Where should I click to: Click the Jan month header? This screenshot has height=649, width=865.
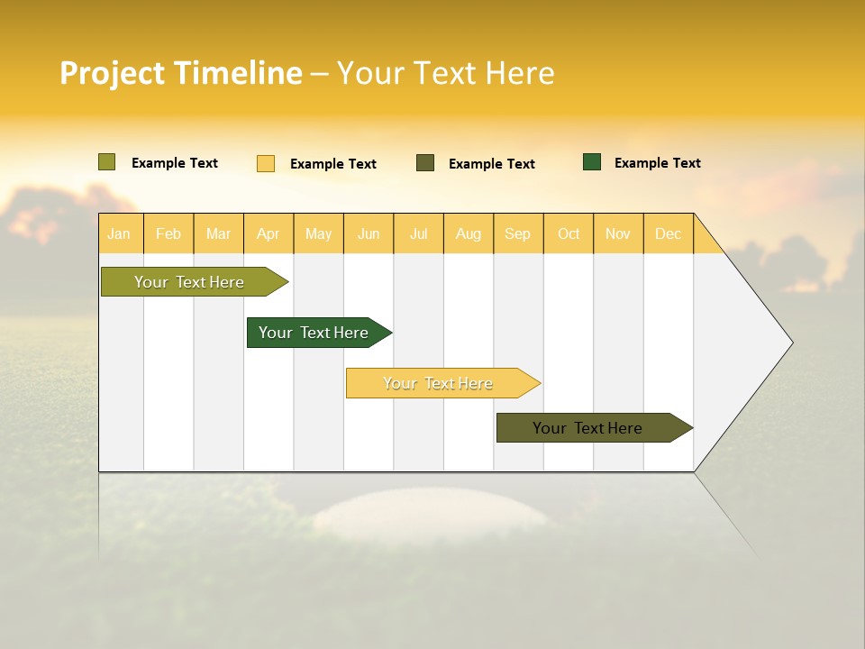click(x=119, y=233)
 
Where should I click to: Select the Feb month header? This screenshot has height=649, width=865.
click(x=168, y=233)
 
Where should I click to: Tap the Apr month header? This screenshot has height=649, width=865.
click(x=268, y=233)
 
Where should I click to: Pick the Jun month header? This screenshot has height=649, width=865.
click(x=369, y=233)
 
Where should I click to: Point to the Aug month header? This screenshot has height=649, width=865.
click(x=468, y=233)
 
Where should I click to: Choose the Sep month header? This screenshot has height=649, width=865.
click(x=517, y=233)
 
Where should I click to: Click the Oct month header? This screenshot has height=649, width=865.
click(x=569, y=233)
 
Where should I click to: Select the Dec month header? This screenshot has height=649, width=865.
click(x=668, y=233)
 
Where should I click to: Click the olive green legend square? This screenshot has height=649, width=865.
click(x=107, y=162)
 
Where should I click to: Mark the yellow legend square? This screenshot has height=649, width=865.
click(x=266, y=163)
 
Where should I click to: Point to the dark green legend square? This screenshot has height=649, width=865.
click(x=592, y=162)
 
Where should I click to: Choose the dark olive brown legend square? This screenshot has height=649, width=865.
click(x=425, y=163)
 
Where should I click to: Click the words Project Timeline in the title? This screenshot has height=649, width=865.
click(x=181, y=73)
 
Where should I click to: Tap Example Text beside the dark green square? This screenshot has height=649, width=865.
click(x=657, y=163)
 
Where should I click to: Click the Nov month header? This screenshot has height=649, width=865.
click(x=618, y=233)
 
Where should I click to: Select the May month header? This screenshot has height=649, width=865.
click(x=318, y=233)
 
